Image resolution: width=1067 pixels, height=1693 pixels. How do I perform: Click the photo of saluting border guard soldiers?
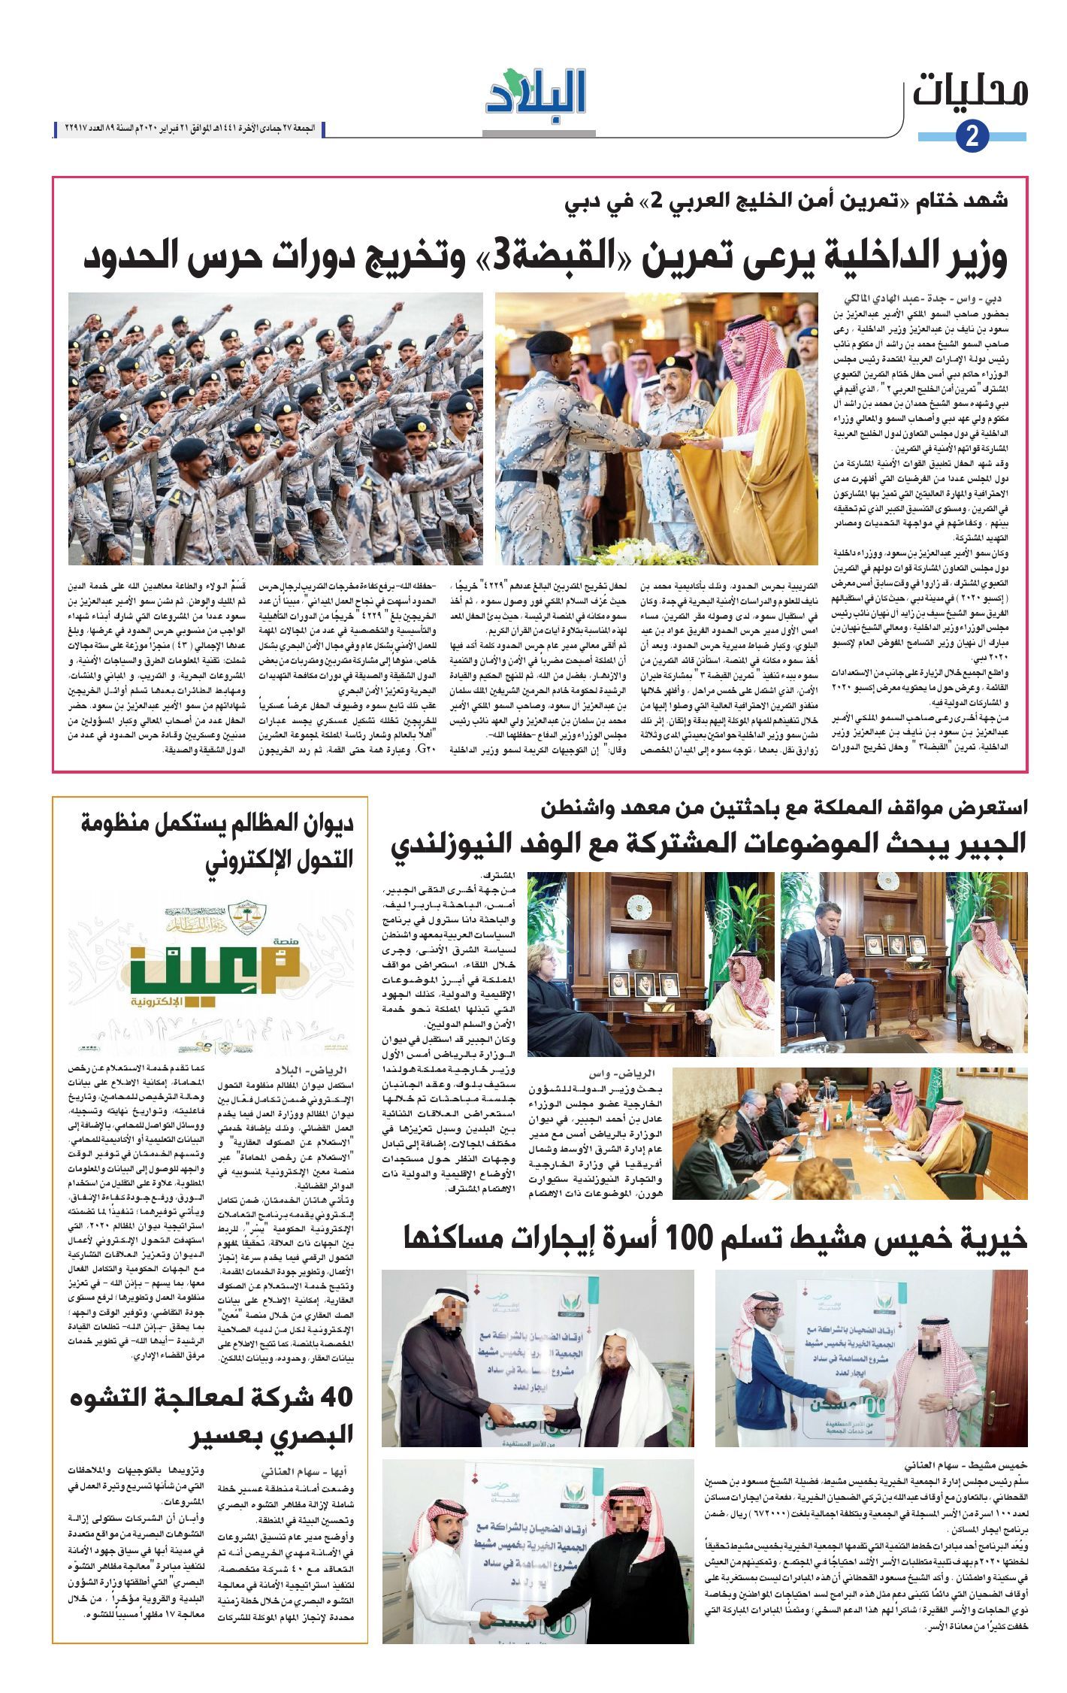[x=276, y=429]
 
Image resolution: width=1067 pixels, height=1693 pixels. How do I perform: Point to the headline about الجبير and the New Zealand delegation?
[x=708, y=843]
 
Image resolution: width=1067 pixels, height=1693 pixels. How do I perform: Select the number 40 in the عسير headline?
[x=336, y=1398]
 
